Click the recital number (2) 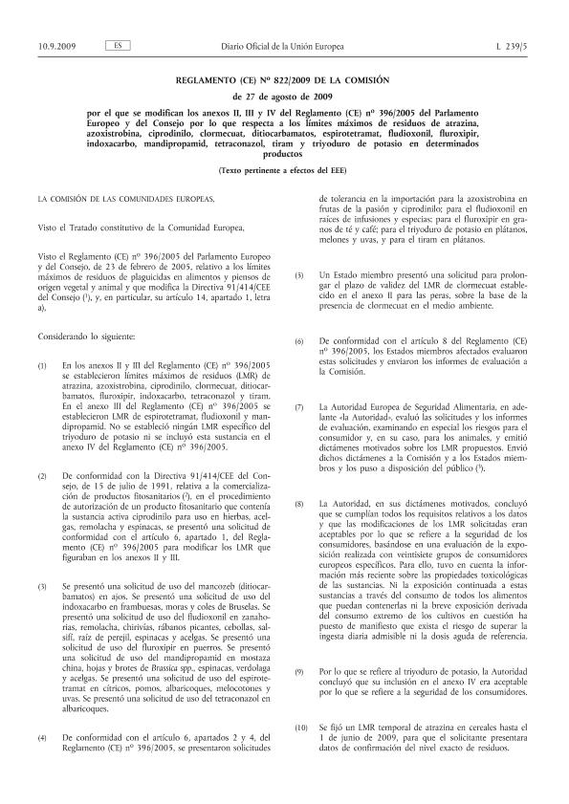pos(41,475)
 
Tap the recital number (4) pos(41,739)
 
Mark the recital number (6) pos(299,341)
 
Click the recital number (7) pos(299,407)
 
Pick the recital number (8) pos(299,503)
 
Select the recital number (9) pos(299,671)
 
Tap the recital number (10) pos(301,728)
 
